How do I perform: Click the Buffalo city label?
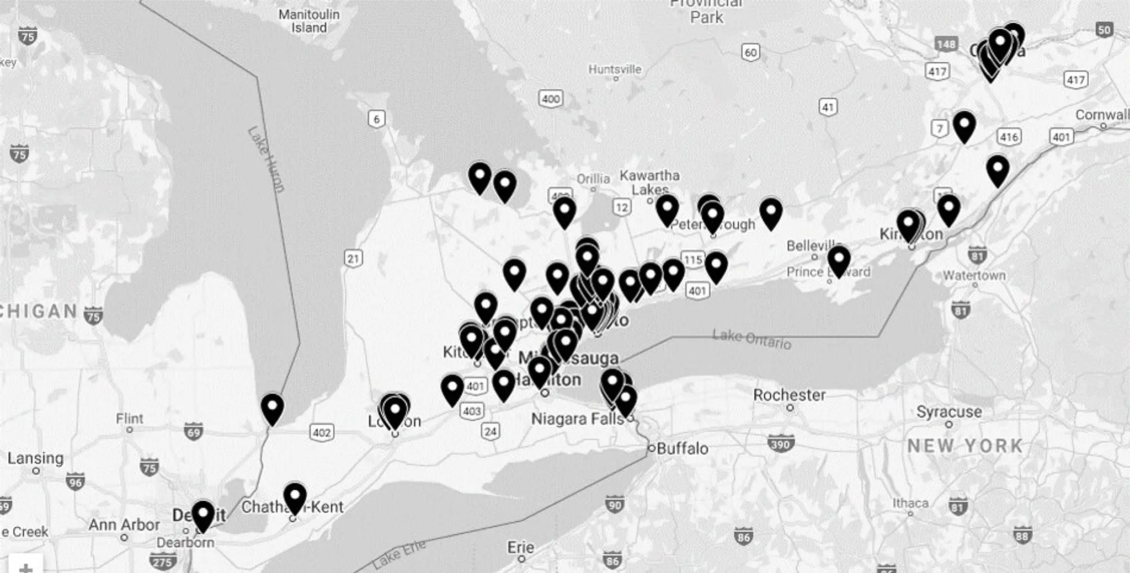683,448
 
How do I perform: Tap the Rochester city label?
789,395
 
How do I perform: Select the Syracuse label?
949,411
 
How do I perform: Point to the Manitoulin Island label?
309,21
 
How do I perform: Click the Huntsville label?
615,69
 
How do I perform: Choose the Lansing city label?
35,458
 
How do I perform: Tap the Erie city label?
521,547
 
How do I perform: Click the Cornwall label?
1102,115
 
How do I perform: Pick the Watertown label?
974,275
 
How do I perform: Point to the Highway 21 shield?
353,258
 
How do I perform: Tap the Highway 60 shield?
750,52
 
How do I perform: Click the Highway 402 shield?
322,432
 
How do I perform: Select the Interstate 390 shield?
780,443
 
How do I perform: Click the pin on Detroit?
203,516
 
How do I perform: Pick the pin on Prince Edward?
839,261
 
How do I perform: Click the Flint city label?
130,419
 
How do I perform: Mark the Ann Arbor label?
124,524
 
